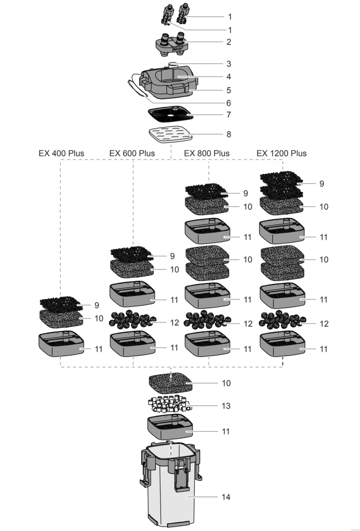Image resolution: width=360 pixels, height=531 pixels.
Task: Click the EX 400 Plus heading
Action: tap(61, 153)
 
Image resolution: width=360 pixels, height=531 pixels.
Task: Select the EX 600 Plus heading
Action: tap(132, 153)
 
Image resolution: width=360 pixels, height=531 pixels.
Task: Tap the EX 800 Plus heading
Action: tap(207, 153)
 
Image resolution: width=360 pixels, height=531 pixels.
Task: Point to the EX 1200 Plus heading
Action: tap(282, 153)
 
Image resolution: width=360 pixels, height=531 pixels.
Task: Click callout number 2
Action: tap(229, 42)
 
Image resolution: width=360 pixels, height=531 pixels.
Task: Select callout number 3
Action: tap(229, 64)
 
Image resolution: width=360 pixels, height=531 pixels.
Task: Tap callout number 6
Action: tap(229, 103)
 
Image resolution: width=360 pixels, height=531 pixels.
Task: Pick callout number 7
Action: tap(229, 115)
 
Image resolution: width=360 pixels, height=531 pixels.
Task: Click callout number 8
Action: tap(229, 134)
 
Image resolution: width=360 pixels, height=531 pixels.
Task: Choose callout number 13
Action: tap(226, 406)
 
